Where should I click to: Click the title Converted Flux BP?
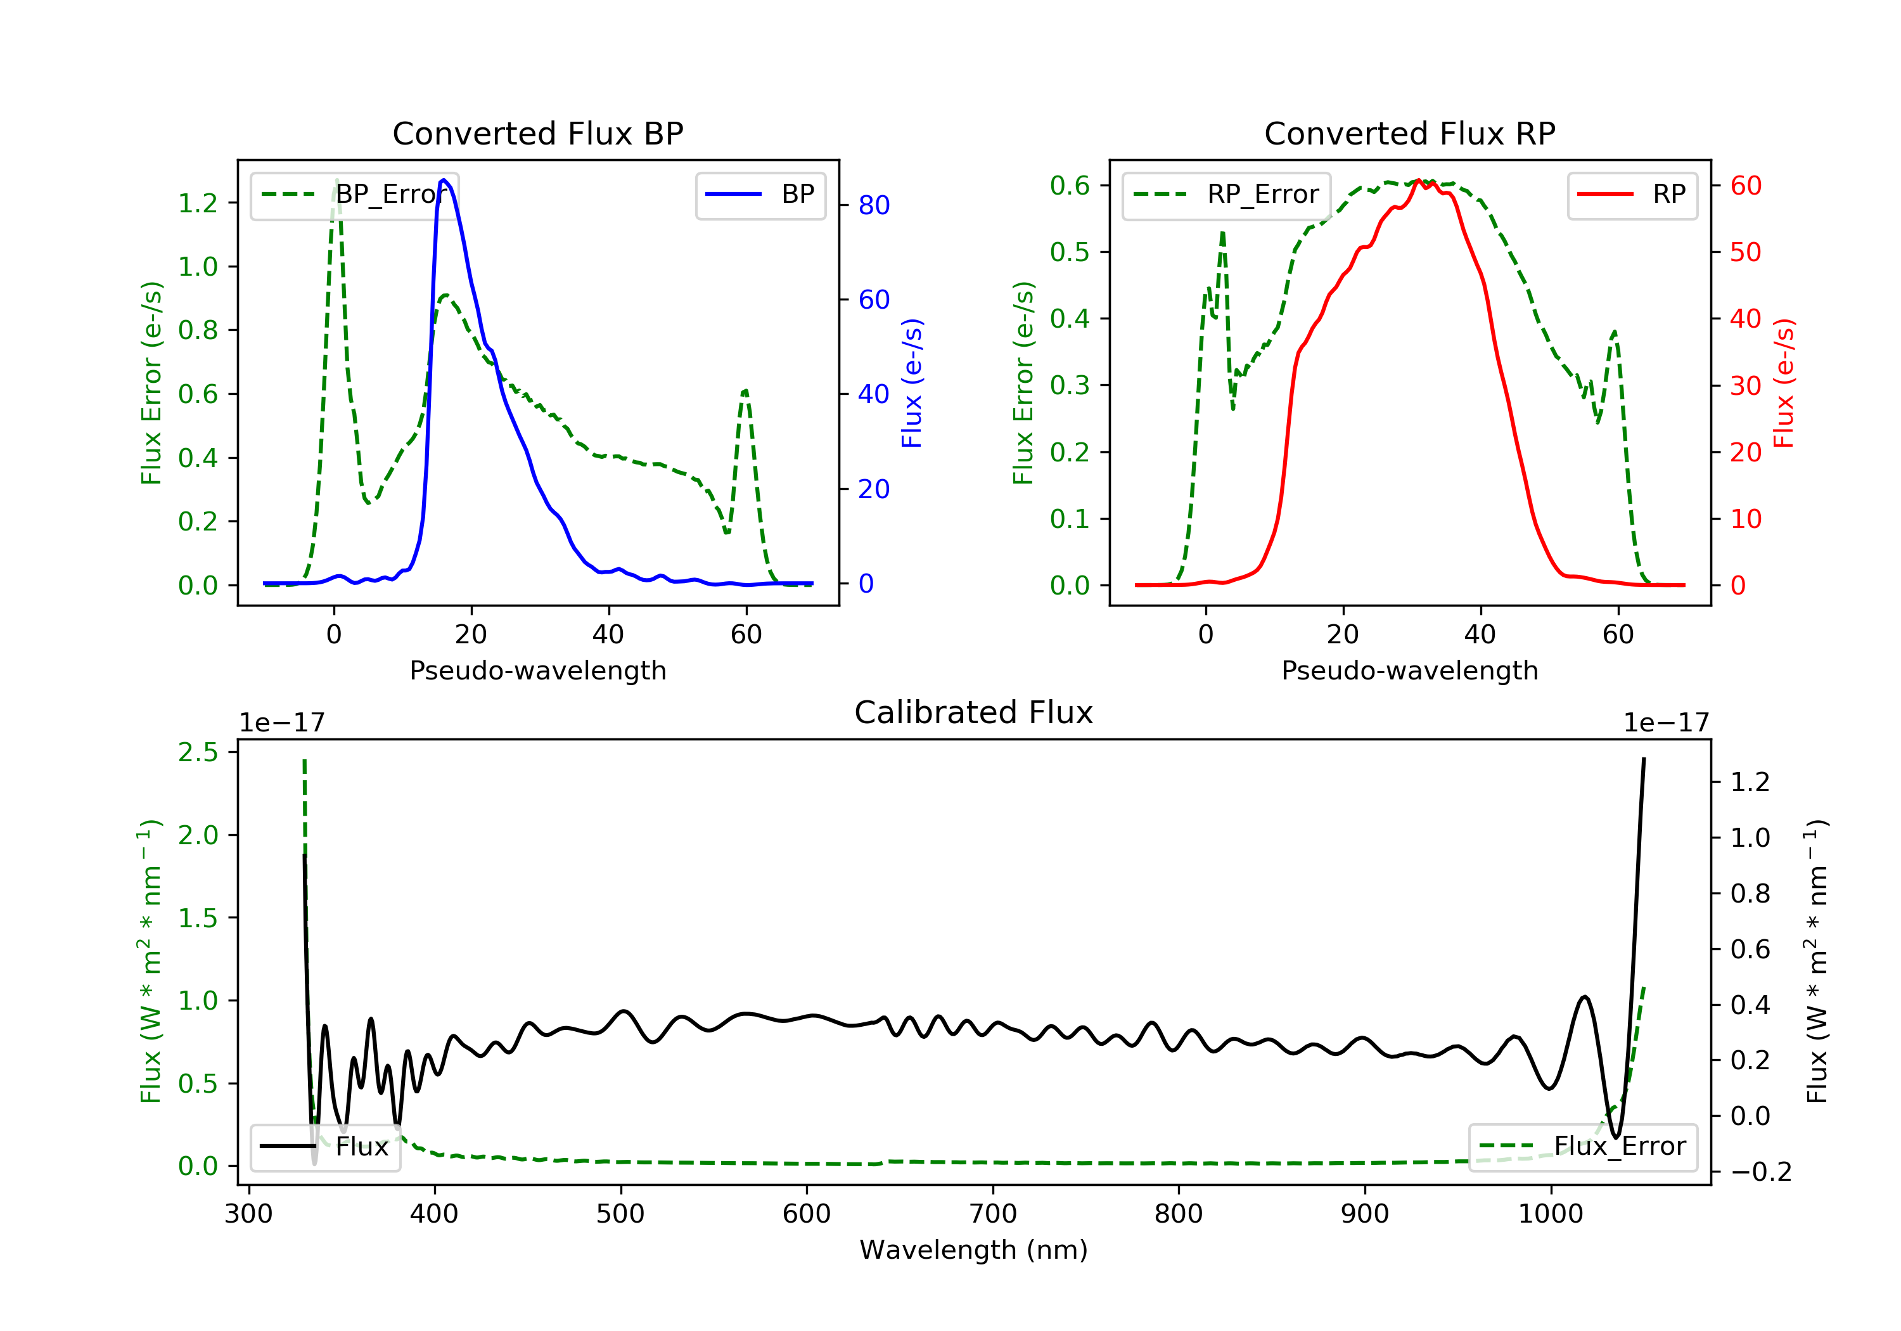tap(537, 133)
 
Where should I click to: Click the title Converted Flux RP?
tap(1409, 133)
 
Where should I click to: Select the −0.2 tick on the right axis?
tap(1760, 1172)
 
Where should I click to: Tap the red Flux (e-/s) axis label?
tap(1783, 383)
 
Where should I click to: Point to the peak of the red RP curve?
tap(1418, 181)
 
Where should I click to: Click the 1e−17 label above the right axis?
tap(1666, 723)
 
